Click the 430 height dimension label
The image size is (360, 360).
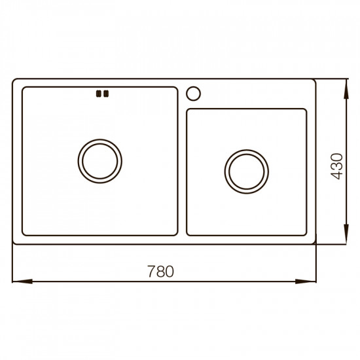(336, 166)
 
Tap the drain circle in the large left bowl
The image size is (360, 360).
(99, 158)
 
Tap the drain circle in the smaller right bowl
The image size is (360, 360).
(246, 171)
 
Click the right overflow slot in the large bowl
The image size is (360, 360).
(105, 94)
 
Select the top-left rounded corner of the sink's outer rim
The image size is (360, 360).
(16, 82)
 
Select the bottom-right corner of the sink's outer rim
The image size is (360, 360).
(315, 243)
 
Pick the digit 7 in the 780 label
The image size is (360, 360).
(153, 271)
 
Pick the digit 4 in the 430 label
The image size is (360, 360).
(336, 175)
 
